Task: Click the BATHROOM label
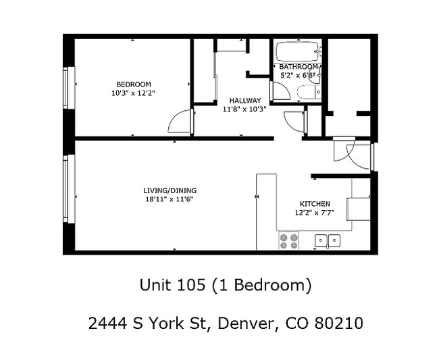click(298, 67)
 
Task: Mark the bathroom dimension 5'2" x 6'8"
click(297, 75)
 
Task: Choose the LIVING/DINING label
click(170, 190)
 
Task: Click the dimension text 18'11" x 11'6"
click(170, 199)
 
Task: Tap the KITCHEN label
click(315, 204)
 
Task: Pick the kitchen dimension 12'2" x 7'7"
click(315, 212)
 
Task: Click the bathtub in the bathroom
click(298, 51)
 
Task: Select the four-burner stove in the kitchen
click(288, 240)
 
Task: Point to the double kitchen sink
click(328, 240)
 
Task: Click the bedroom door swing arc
click(179, 122)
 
